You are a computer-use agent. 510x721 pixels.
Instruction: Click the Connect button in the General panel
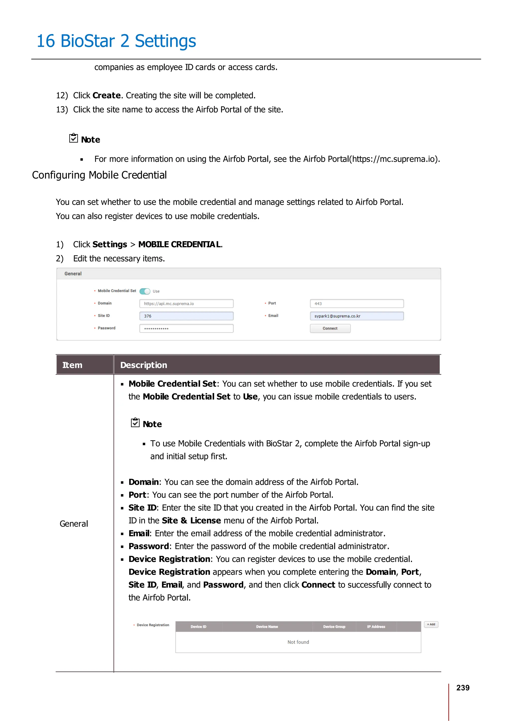tap(330, 328)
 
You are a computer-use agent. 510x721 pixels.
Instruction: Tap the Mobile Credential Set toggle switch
tap(145, 291)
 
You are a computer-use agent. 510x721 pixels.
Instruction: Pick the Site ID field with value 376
tap(186, 316)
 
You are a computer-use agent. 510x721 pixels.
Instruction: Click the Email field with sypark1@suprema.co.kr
tap(357, 316)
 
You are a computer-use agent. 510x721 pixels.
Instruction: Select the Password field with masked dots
tap(186, 328)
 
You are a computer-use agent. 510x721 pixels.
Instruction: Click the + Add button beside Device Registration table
tap(431, 624)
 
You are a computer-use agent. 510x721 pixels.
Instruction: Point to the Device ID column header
tap(198, 626)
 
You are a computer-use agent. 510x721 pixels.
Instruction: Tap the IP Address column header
tap(376, 626)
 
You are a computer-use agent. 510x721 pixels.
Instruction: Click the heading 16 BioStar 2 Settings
tap(116, 41)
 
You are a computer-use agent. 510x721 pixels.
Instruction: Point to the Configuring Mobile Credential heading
tap(99, 175)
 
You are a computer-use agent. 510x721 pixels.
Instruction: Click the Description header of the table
tap(144, 365)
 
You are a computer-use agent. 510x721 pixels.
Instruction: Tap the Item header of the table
tap(72, 365)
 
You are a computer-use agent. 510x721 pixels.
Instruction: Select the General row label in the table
tap(74, 524)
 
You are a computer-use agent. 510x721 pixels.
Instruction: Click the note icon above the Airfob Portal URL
tap(73, 138)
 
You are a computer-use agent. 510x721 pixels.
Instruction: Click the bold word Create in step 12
tap(107, 96)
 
